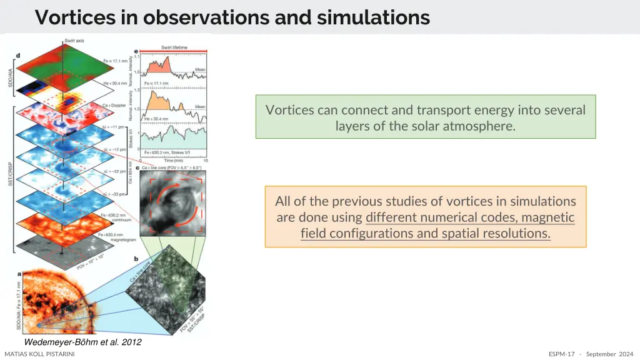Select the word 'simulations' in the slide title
tap(373, 17)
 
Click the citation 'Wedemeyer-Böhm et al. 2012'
tap(82, 342)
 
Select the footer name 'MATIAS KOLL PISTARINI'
tap(39, 354)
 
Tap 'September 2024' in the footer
tap(609, 354)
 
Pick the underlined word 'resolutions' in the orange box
tap(516, 233)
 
